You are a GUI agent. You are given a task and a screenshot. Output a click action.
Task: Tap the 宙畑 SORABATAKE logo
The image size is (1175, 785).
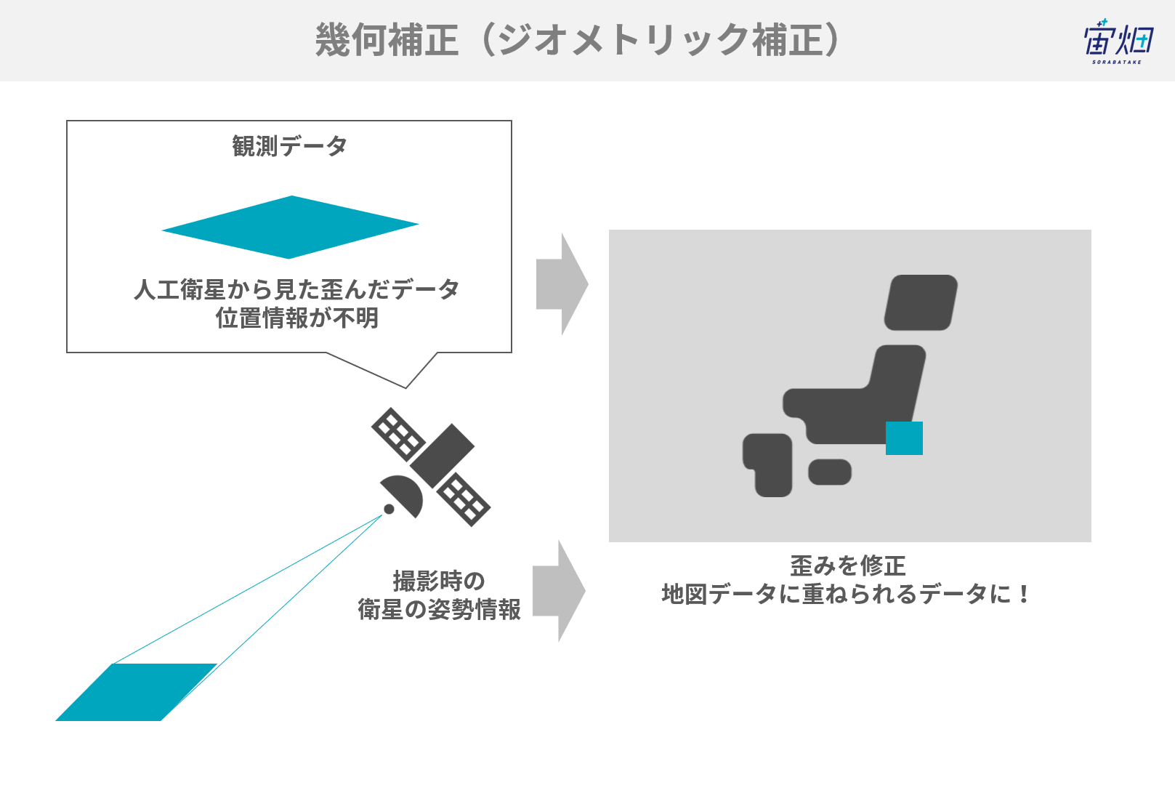1118,42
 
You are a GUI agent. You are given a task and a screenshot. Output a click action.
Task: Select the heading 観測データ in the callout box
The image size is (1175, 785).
289,146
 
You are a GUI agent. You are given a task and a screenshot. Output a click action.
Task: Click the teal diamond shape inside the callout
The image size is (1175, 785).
290,228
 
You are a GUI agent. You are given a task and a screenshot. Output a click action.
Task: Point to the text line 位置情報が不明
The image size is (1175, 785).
297,318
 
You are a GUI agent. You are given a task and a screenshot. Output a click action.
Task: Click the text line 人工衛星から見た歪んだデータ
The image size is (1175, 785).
296,289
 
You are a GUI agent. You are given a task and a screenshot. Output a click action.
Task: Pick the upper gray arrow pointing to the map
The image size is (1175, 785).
562,284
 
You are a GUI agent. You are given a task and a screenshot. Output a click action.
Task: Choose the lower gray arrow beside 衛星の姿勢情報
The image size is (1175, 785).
559,591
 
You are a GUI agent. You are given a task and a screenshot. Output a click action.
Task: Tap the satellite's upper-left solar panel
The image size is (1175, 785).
398,435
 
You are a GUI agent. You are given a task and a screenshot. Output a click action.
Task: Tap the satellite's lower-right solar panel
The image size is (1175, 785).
464,499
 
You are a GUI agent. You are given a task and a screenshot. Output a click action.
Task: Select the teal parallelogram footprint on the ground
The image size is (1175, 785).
137,692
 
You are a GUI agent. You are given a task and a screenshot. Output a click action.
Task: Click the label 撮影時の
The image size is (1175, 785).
439,581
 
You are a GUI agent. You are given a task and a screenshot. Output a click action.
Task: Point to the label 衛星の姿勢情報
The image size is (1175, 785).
439,609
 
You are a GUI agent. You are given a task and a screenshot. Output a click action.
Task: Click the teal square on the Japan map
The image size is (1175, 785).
905,438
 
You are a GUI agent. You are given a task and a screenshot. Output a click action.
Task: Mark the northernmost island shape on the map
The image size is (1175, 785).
921,302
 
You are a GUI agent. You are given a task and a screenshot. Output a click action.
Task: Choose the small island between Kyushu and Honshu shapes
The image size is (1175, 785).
830,472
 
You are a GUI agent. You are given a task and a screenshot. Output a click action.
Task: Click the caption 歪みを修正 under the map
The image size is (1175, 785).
848,565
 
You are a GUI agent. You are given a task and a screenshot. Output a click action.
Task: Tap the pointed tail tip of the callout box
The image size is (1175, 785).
405,388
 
